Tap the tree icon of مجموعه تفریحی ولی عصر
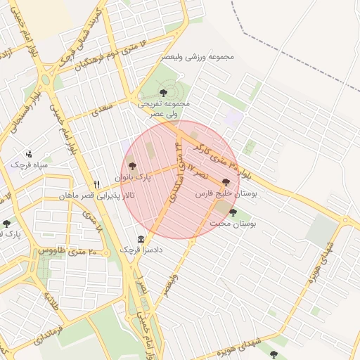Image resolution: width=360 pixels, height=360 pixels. coord(164,92)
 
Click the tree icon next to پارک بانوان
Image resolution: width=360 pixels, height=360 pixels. coord(132,166)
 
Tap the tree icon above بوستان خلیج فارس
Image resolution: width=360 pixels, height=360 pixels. coord(226,181)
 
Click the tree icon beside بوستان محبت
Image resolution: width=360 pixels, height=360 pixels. coord(233,212)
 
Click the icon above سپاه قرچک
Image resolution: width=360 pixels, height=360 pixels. coord(29,153)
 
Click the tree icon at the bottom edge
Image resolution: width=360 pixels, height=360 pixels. coord(274,354)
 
